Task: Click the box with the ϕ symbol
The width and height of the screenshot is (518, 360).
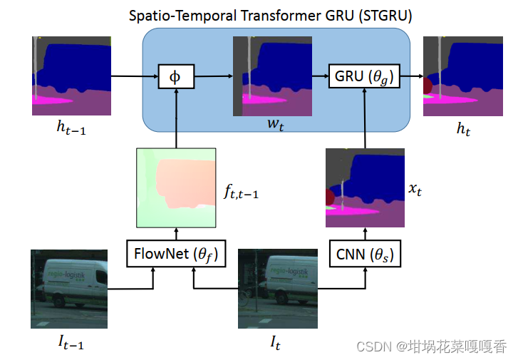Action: (175, 76)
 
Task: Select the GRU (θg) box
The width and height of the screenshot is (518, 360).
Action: (364, 76)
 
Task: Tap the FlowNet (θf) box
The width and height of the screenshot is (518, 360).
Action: (176, 254)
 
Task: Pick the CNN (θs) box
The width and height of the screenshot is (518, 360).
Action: (364, 254)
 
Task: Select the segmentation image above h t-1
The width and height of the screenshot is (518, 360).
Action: (71, 76)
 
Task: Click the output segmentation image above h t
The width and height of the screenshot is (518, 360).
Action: (461, 76)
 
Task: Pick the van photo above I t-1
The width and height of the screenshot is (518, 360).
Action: (69, 289)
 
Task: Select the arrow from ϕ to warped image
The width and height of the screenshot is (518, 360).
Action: (213, 76)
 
